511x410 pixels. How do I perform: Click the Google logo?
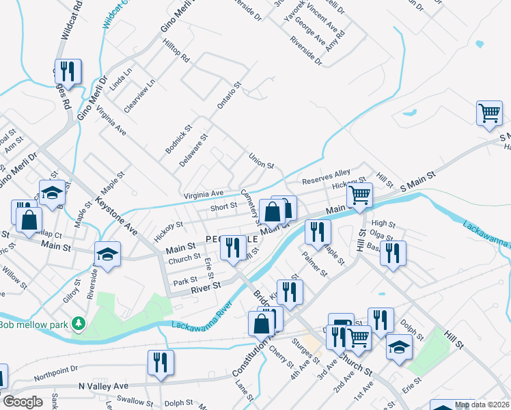click(23, 402)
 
